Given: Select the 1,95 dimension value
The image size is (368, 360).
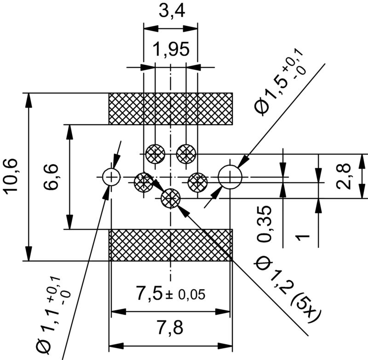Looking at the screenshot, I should pos(171,49).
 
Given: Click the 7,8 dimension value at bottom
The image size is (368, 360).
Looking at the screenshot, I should pos(171,328).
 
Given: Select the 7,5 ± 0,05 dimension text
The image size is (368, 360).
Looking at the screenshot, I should pos(171,293).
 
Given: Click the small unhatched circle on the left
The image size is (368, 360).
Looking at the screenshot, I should pos(111,176).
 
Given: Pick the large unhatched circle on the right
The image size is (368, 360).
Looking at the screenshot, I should pos(230,177).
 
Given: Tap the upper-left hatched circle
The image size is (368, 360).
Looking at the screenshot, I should pos(155,153).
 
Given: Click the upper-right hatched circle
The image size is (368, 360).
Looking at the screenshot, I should pos(186,153).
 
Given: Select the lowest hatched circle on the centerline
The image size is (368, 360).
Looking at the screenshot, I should pos(171,199).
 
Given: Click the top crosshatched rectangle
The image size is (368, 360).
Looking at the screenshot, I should pos(171,109).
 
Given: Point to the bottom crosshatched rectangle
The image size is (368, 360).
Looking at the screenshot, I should pos(171,245).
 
